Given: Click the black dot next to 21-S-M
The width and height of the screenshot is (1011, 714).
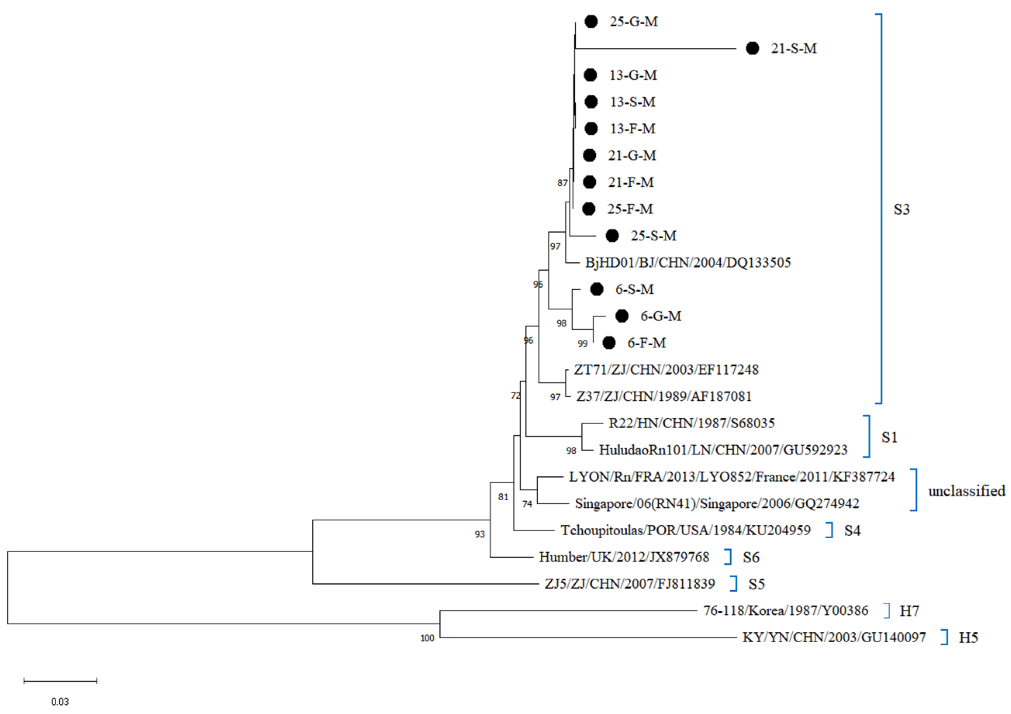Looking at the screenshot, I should pos(752,48).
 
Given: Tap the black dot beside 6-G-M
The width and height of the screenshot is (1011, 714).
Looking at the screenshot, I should pos(621,316).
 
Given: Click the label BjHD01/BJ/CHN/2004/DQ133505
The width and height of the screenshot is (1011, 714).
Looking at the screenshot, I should pos(688,263).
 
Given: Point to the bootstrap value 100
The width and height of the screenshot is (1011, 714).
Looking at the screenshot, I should pos(427,638).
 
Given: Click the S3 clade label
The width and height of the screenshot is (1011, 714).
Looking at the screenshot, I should pos(901,210).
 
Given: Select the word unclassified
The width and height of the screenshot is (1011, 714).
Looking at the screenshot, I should pos(966,491).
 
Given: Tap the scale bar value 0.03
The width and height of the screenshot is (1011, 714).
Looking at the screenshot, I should pos(60,702).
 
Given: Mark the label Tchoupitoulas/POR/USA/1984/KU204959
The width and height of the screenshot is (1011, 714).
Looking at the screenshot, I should pos(685,530).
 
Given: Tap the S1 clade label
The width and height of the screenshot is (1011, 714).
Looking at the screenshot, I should pos(889,437).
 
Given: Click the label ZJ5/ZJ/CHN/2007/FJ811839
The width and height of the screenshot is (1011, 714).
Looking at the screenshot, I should pos(629,584).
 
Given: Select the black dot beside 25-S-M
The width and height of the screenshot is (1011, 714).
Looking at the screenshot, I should pos(612,236).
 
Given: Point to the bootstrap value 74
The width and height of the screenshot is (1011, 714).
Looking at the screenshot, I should pos(527,504).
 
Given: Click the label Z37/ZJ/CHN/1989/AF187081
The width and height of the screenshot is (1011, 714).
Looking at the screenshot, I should pos(664,396).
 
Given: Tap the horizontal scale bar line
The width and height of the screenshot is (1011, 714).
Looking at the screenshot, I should pos(60,681).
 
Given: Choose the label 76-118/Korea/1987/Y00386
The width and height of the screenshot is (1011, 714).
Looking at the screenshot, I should pos(785,611).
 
